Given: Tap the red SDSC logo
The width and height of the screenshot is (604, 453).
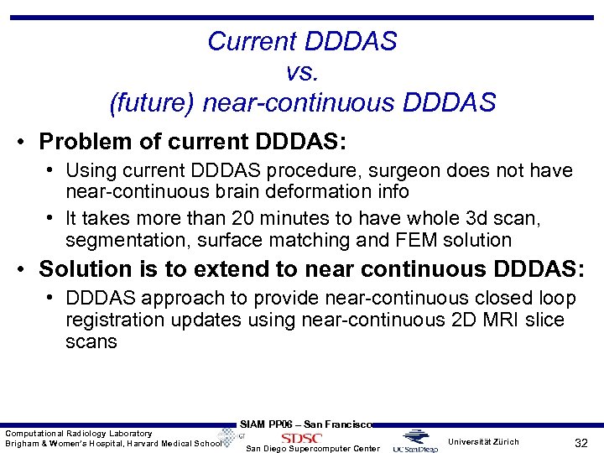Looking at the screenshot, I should tap(301, 438).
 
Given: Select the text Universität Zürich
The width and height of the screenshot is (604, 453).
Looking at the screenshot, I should tap(483, 441).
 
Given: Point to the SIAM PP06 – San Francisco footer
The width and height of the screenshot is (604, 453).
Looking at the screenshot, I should tap(305, 424).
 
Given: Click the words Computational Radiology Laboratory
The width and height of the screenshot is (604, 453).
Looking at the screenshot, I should tap(79, 433).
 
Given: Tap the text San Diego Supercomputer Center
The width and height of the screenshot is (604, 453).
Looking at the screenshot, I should tap(313, 449).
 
